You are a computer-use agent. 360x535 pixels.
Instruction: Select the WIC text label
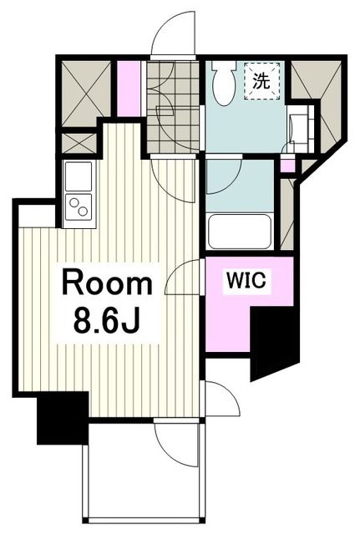click(x=246, y=282)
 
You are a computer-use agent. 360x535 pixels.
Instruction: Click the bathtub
click(x=239, y=231)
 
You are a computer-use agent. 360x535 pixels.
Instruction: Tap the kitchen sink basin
click(x=79, y=176)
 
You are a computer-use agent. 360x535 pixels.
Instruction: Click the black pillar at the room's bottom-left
click(x=63, y=418)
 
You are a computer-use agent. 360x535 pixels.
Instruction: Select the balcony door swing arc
click(x=176, y=442)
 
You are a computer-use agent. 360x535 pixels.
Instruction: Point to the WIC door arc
click(x=185, y=277)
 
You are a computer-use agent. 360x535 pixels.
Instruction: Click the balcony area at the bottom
click(x=142, y=485)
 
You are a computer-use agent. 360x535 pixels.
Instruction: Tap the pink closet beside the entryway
click(x=129, y=88)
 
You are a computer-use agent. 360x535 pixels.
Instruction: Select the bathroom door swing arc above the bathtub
click(x=222, y=176)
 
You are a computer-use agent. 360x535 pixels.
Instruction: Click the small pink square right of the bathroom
click(x=287, y=165)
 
